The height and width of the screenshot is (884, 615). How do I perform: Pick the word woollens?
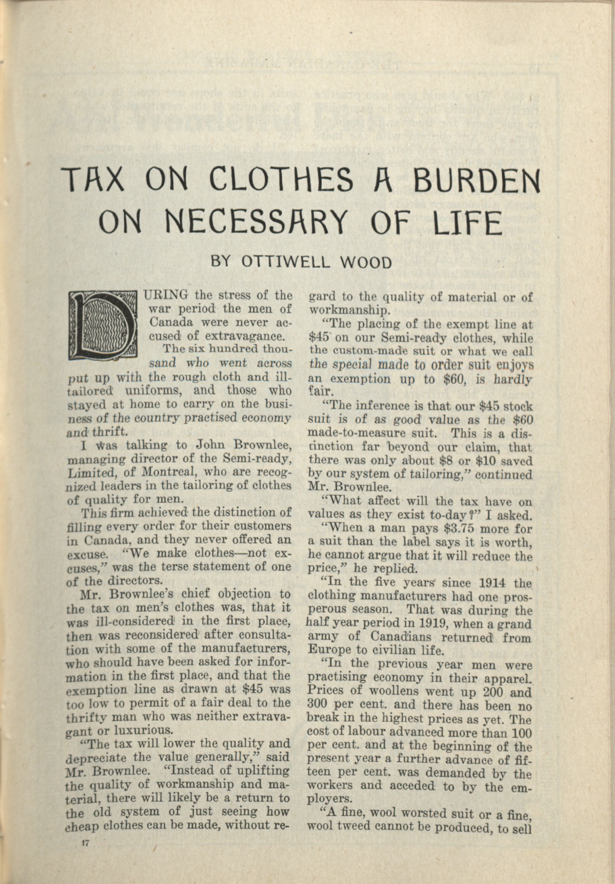[x=385, y=691]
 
